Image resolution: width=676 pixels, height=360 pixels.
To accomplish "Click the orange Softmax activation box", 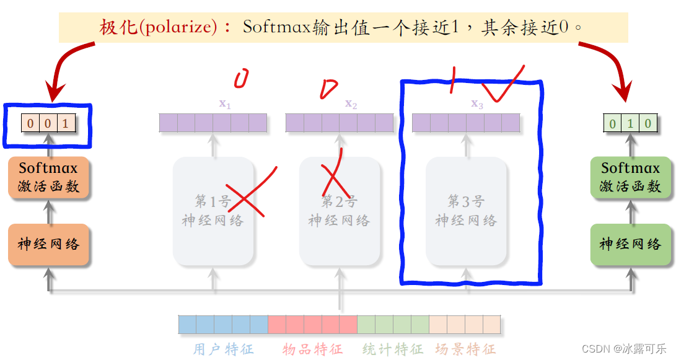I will tap(49, 177).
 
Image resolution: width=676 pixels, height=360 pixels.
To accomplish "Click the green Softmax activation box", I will tap(630, 177).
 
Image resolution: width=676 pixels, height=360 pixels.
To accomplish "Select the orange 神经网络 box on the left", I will tap(49, 244).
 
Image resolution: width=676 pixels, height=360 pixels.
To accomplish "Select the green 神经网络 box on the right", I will tap(630, 244).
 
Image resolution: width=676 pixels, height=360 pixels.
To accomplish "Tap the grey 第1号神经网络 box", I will tap(213, 211).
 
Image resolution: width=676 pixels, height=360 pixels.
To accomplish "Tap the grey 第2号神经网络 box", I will tap(340, 211).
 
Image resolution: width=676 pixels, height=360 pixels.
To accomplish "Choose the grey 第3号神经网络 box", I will tap(466, 211).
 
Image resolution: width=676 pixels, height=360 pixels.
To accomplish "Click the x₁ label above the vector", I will tap(225, 104).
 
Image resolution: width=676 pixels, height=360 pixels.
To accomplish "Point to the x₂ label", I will tap(351, 104).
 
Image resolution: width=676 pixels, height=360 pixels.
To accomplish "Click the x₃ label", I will tap(477, 104).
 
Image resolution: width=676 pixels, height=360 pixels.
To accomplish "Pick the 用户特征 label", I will tap(223, 349).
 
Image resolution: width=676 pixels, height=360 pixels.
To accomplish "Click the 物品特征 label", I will tap(312, 349).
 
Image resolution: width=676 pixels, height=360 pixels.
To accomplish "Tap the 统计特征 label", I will tap(393, 349).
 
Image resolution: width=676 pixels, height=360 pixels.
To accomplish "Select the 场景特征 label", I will tap(465, 349).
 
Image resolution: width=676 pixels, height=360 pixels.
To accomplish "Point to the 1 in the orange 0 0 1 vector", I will tap(66, 123).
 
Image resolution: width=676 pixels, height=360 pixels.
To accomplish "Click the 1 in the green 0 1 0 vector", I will tap(630, 123).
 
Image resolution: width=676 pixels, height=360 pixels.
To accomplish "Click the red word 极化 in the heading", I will tap(119, 27).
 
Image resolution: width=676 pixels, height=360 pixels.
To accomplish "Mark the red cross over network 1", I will tap(248, 193).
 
